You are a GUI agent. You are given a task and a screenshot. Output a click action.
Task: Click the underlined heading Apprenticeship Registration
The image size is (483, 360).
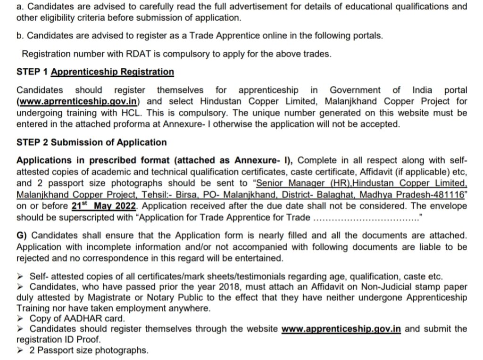pos(112,72)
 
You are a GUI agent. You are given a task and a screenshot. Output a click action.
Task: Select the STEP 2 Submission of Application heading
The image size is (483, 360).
pos(92,142)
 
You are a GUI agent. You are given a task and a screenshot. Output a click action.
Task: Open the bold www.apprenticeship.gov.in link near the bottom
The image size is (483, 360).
pos(341,328)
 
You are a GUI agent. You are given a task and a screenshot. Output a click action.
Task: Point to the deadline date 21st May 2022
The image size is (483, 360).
pos(104,206)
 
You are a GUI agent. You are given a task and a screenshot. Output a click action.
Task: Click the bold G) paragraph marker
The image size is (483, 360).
pos(21,235)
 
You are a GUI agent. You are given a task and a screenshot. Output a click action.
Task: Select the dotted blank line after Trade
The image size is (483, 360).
pos(365,218)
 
